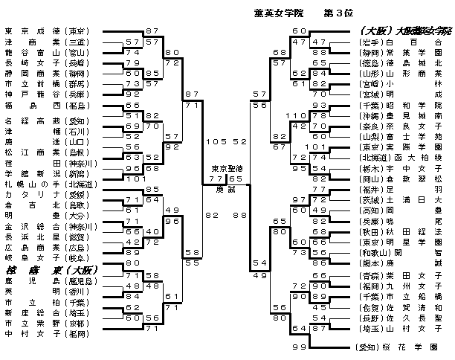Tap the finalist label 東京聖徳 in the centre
pos(225,169)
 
